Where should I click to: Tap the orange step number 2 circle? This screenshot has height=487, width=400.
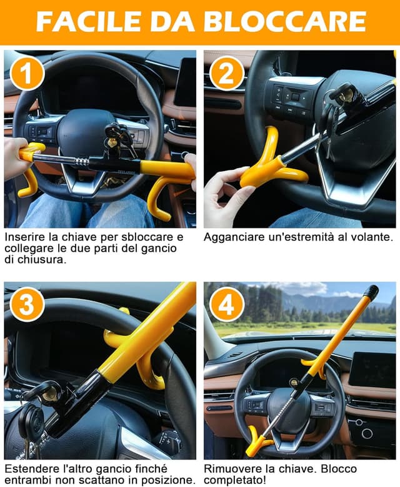tap(226, 73)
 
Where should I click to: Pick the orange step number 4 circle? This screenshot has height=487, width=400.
tap(226, 304)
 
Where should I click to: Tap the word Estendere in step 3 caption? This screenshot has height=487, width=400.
tap(29, 469)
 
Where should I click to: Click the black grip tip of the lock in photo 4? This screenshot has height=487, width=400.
tap(371, 292)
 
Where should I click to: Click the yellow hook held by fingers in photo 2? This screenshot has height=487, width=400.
tap(266, 165)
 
